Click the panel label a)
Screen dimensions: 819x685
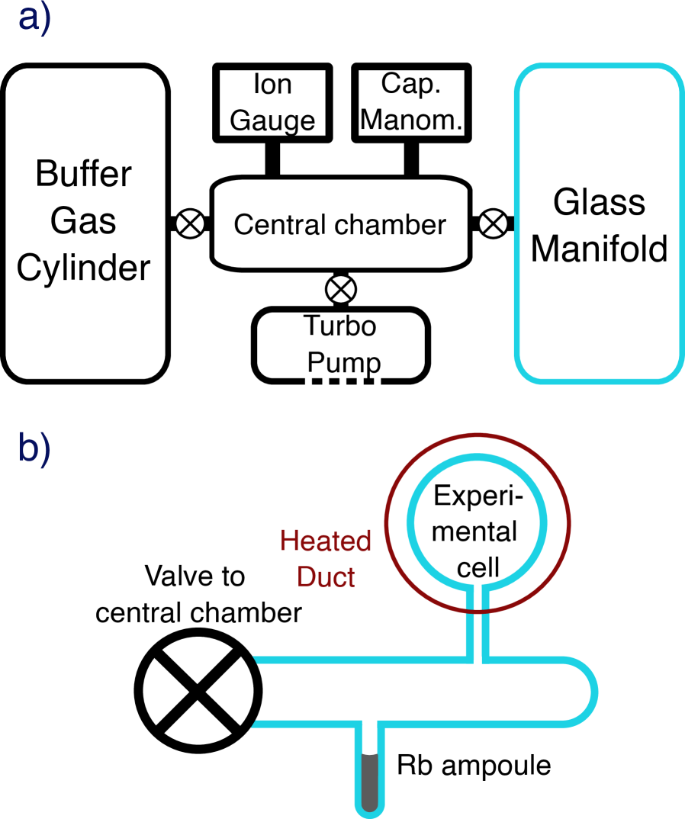coord(34,19)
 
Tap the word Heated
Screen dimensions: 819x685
coord(326,541)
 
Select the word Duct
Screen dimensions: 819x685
coord(326,577)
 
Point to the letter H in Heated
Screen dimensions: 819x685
coord(288,541)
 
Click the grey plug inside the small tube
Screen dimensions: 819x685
coord(369,782)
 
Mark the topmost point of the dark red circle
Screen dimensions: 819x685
coord(478,435)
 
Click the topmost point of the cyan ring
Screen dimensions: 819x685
coord(478,457)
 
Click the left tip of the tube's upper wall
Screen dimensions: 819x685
coord(255,659)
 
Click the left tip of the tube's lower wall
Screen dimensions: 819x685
coord(255,724)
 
